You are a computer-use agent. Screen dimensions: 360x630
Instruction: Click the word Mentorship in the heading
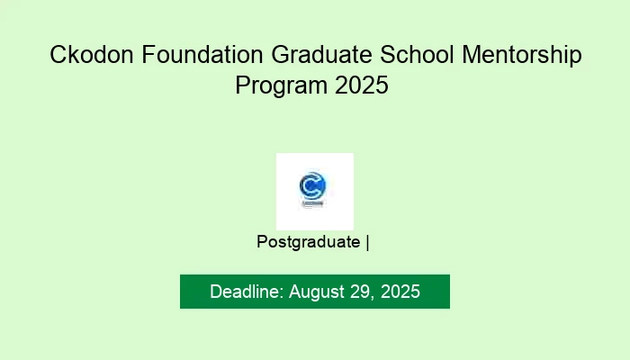click(520, 56)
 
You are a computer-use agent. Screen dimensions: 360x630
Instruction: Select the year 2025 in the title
click(364, 86)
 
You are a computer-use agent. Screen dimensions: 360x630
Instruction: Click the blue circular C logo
click(313, 186)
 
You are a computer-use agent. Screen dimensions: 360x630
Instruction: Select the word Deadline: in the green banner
click(247, 292)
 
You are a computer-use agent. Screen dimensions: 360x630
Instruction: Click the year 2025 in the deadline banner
click(400, 292)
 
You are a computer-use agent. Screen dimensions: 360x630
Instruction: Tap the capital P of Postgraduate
click(262, 241)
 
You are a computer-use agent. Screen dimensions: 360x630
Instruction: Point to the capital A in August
click(295, 292)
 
